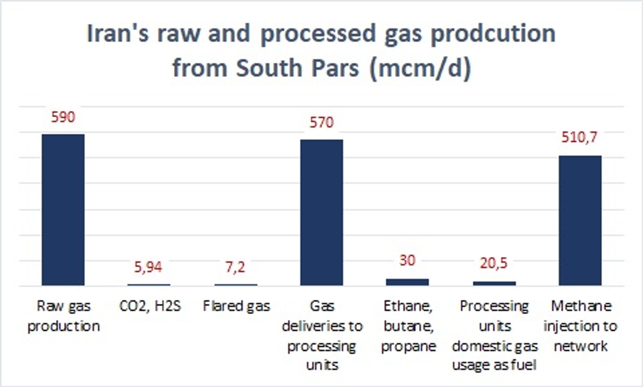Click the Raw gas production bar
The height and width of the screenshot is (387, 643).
[63, 210]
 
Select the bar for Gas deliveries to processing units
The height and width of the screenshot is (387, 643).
[321, 213]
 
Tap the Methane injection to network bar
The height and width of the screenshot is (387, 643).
[580, 221]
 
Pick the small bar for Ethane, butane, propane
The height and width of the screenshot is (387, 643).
[408, 282]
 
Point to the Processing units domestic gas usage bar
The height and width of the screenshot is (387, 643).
[494, 283]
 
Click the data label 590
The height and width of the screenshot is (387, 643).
[63, 117]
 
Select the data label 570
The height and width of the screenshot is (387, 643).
[321, 123]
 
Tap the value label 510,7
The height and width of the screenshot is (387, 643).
[579, 137]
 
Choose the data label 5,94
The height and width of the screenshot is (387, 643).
[148, 267]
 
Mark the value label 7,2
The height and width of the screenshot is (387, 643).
[235, 267]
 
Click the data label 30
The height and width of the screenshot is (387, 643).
[408, 260]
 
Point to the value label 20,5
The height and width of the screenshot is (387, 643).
[494, 263]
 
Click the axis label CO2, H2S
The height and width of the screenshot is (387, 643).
[150, 306]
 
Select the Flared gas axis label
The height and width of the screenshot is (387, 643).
[237, 306]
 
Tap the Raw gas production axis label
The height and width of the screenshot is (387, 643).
[63, 316]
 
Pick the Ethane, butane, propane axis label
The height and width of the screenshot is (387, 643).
[408, 326]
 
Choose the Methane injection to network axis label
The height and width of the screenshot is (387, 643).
[580, 326]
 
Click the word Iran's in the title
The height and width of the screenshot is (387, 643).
[118, 33]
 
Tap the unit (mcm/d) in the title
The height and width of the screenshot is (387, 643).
[420, 68]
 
